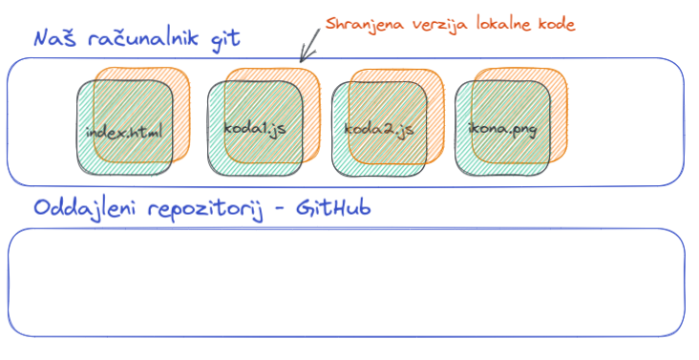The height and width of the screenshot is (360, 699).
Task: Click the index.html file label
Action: pyautogui.click(x=124, y=131)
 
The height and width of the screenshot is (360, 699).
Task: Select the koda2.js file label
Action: pyautogui.click(x=378, y=130)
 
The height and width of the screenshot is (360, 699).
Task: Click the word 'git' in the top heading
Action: pyautogui.click(x=223, y=41)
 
